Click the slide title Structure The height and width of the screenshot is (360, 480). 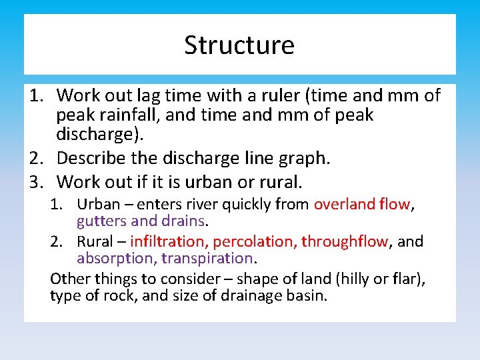point(239,45)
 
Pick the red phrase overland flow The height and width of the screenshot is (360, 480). point(362,205)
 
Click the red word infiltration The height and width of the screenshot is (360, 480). point(169,241)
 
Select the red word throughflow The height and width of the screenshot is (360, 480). point(344,241)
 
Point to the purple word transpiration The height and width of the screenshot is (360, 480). point(214,258)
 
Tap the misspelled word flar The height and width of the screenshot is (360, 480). point(401,278)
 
